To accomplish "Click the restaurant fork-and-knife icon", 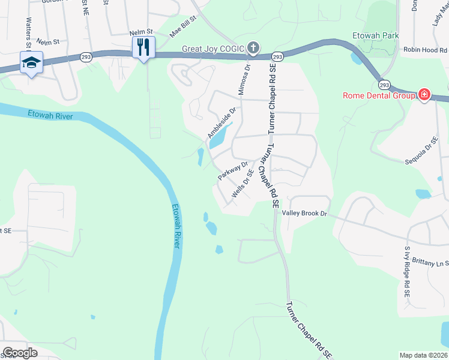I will pos(143,47).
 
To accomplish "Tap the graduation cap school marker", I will pos(31,62).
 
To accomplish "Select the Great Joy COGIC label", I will pos(213,48).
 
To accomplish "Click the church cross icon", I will pos(253,47).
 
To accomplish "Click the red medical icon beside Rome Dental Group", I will pos(424,94).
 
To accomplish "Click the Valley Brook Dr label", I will pos(304,213).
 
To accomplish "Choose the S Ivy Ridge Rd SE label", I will pos(407,272).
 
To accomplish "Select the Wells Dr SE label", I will pos(241,185).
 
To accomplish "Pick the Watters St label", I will pos(28,33).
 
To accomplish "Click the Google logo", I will pos(20,353).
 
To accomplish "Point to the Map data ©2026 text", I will pos(423,355).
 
